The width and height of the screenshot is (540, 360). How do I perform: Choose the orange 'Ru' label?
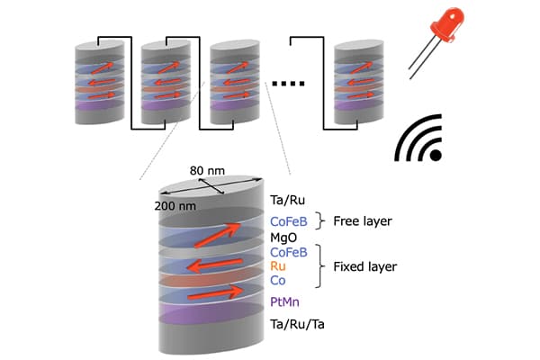pyautogui.click(x=279, y=267)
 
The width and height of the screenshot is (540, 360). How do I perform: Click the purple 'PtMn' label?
pyautogui.click(x=288, y=299)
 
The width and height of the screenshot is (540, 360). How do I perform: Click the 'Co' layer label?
pyautogui.click(x=279, y=282)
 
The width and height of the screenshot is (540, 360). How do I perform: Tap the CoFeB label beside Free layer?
pyautogui.click(x=291, y=220)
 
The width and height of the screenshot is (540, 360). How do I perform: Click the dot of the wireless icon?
pyautogui.click(x=436, y=155)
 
